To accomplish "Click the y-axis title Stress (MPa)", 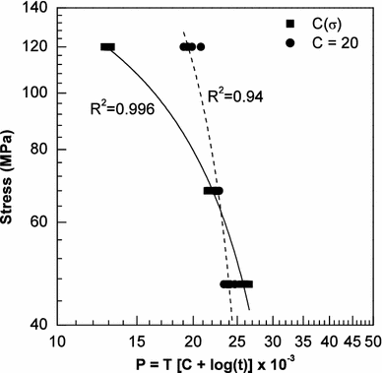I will click(x=13, y=166).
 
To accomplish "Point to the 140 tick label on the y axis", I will click(x=41, y=9).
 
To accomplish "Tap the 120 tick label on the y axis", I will click(x=41, y=47).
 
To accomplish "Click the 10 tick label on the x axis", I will click(x=59, y=341).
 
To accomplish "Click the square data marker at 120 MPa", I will click(x=107, y=47).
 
